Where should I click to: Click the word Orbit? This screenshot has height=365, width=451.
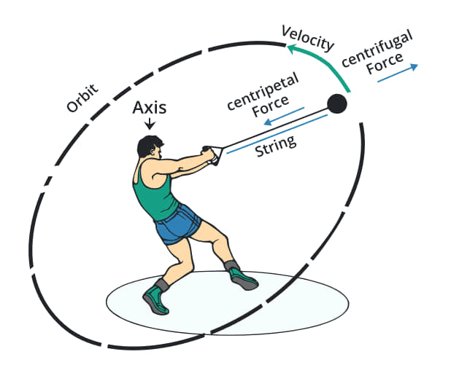pyautogui.click(x=82, y=101)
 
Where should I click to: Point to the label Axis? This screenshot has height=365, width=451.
pyautogui.click(x=150, y=108)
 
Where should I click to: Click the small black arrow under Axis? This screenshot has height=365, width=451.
pyautogui.click(x=150, y=125)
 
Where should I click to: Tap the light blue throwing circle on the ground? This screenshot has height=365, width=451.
pyautogui.click(x=307, y=306)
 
